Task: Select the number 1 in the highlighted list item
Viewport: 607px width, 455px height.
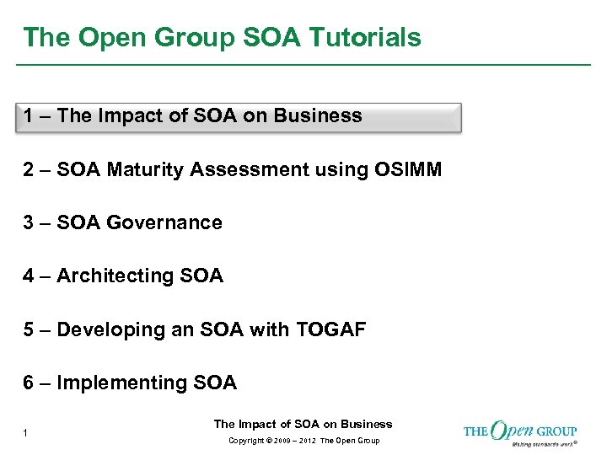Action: point(30,116)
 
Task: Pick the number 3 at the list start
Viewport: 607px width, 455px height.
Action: point(30,223)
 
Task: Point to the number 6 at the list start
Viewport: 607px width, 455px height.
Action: point(30,383)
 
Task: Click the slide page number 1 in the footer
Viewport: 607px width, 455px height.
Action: point(27,433)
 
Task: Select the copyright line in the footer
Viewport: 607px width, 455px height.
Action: point(303,441)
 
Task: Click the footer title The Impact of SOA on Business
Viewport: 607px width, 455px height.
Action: point(303,424)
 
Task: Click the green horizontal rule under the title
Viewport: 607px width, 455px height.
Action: point(303,65)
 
